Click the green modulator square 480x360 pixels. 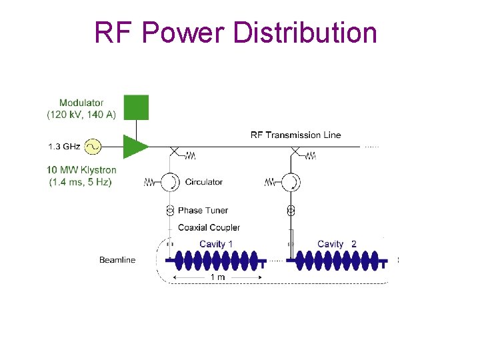tap(136, 107)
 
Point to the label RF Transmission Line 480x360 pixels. tap(295, 135)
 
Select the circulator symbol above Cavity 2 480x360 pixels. tap(291, 181)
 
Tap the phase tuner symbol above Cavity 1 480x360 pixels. tap(170, 211)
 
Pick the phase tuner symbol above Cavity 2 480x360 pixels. tap(291, 211)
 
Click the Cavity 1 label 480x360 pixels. tap(216, 244)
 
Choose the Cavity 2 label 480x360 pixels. tap(337, 244)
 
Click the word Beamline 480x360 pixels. tap(117, 259)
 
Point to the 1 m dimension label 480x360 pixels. tap(217, 277)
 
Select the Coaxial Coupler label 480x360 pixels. tap(209, 227)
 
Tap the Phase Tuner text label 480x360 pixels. tap(203, 211)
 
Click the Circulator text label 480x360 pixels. tap(204, 182)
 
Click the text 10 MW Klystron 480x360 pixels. tap(81, 170)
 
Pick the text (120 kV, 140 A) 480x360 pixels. tap(81, 115)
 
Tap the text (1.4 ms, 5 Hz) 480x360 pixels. tap(81, 182)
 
